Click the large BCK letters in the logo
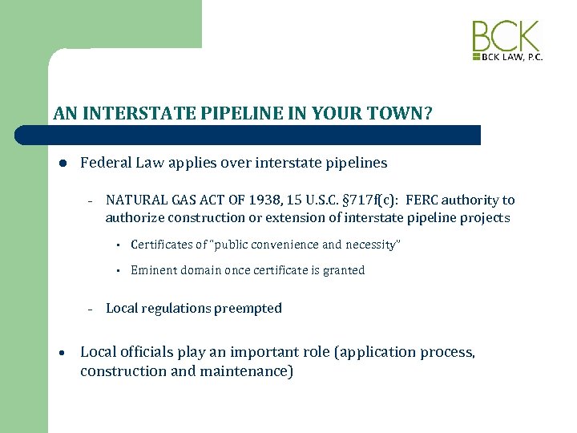(x=506, y=37)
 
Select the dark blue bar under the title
(x=264, y=135)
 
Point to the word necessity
(x=369, y=245)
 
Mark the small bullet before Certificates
(x=117, y=245)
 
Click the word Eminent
(x=154, y=270)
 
